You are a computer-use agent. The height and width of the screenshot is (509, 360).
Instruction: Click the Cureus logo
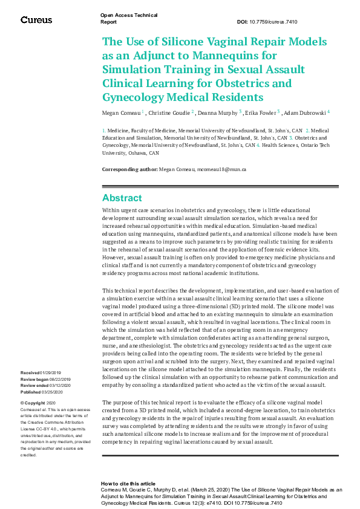tap(36, 20)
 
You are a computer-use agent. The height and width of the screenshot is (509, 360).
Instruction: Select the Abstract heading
tap(122, 198)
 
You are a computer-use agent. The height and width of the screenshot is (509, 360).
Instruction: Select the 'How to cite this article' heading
tap(128, 484)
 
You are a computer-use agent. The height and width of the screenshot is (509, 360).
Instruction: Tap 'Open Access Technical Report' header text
tap(128, 18)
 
